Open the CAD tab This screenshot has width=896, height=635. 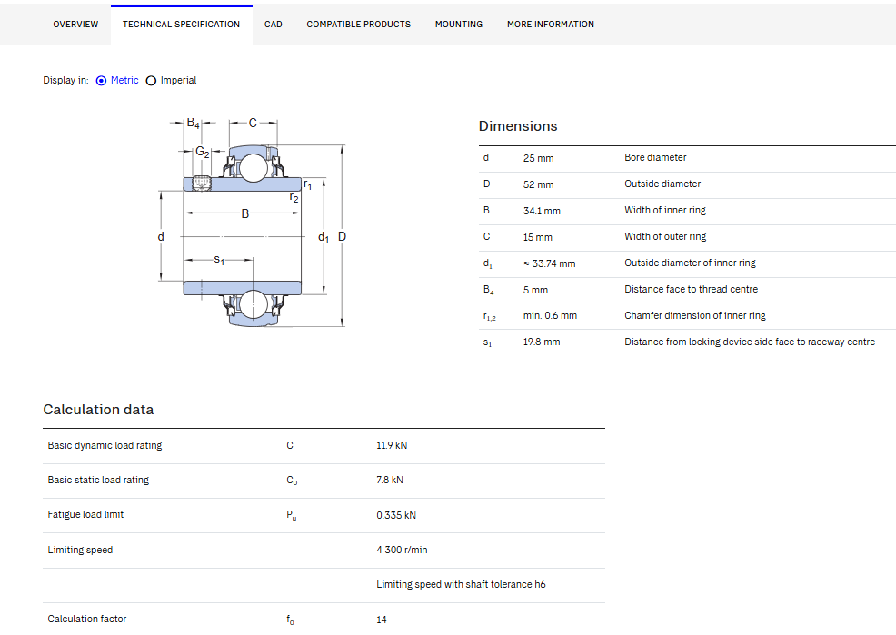pyautogui.click(x=274, y=24)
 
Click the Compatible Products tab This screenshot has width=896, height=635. pyautogui.click(x=358, y=24)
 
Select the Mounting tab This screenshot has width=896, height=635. pyautogui.click(x=459, y=24)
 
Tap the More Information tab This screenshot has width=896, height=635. pyautogui.click(x=551, y=24)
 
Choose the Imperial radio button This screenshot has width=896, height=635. pyautogui.click(x=151, y=81)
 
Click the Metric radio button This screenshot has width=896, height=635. pyautogui.click(x=101, y=81)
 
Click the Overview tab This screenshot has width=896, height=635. pyautogui.click(x=75, y=24)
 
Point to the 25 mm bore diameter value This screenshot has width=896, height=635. pyautogui.click(x=538, y=158)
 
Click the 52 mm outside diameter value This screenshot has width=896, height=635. pyautogui.click(x=538, y=184)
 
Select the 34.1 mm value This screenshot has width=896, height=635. pyautogui.click(x=542, y=211)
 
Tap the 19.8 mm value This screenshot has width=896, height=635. pyautogui.click(x=542, y=342)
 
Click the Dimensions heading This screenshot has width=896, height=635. pyautogui.click(x=518, y=126)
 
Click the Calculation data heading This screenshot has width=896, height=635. pyautogui.click(x=98, y=410)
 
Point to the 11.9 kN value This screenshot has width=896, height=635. pyautogui.click(x=392, y=445)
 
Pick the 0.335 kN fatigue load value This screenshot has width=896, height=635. pyautogui.click(x=396, y=515)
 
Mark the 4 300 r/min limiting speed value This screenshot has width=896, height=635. pyautogui.click(x=402, y=550)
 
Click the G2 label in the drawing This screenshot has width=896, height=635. pyautogui.click(x=203, y=152)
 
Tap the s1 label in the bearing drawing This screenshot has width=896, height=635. pyautogui.click(x=219, y=260)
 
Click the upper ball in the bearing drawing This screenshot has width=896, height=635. pyautogui.click(x=254, y=168)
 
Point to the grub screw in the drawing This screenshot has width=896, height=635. pyautogui.click(x=202, y=183)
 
